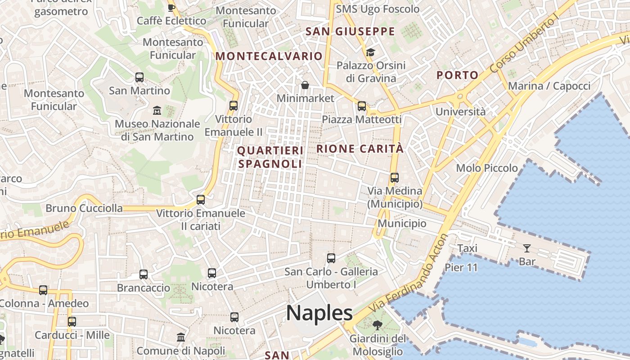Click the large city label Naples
319,312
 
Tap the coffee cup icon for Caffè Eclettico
171,7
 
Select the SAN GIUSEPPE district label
350,31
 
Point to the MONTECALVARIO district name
269,56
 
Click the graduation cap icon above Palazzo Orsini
370,53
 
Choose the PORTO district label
457,75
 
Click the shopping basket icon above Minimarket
305,85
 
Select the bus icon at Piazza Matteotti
361,106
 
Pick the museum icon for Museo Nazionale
157,110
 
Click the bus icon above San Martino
139,77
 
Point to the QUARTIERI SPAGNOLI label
270,157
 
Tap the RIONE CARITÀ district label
360,148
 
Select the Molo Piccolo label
487,168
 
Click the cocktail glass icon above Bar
526,248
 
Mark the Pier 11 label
461,267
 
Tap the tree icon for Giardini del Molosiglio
377,325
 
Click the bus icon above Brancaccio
144,274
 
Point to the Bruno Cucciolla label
84,208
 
